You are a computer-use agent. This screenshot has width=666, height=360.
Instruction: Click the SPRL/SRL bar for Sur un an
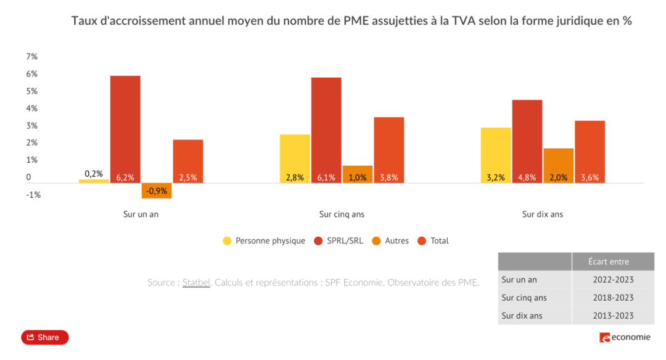(x=125, y=129)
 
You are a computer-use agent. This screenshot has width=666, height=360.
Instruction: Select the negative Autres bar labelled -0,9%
(x=157, y=190)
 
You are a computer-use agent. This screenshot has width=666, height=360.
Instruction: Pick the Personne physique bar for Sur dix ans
(x=496, y=155)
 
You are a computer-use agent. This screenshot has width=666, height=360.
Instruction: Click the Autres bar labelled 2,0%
(x=558, y=165)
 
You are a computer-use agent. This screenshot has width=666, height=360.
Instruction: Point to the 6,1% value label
(x=326, y=178)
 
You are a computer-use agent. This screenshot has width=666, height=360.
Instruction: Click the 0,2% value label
(x=94, y=174)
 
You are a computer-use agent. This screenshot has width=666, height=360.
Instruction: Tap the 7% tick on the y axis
(x=32, y=57)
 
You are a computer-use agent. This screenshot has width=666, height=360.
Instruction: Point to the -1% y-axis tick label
(x=33, y=195)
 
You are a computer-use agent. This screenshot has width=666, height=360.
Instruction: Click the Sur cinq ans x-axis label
(x=342, y=215)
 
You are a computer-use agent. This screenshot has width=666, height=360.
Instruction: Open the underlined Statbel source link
(x=196, y=282)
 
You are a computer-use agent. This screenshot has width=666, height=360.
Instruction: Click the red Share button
(x=45, y=337)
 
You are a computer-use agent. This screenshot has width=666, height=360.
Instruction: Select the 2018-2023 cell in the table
(x=613, y=298)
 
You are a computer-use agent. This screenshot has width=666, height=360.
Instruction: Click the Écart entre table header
(x=613, y=261)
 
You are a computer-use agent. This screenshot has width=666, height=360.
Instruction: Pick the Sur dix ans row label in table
(x=522, y=316)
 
